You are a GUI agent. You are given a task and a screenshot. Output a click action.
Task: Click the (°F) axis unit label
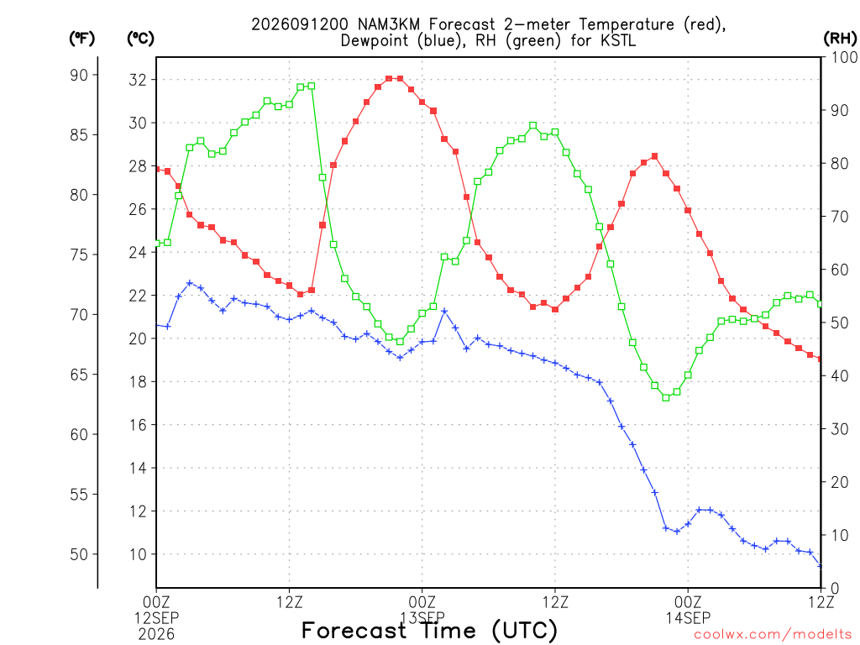coord(81,39)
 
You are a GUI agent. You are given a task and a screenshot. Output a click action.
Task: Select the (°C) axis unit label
coord(140,39)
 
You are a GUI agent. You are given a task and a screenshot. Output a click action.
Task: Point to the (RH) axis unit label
coord(841,39)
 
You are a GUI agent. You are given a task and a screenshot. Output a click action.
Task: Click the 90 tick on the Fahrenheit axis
coord(79,75)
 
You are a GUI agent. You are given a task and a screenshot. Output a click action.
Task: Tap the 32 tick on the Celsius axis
coord(138,80)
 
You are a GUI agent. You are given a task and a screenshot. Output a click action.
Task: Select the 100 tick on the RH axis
coord(845,57)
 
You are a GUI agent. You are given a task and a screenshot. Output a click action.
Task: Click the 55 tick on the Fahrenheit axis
coord(79,495)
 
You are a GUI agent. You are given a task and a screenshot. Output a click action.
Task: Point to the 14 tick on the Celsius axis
coord(138,469)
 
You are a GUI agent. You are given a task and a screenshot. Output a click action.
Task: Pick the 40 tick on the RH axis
coord(840,376)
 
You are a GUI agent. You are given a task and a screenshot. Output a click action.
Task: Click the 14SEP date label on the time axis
coord(688,618)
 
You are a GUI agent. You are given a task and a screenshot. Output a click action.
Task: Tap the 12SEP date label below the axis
coord(156,618)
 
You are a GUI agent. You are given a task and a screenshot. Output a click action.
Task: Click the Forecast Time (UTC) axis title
coord(429,631)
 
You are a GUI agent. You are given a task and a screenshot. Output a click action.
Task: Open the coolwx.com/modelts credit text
coord(773,635)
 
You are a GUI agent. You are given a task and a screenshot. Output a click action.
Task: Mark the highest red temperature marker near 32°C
coord(389,78)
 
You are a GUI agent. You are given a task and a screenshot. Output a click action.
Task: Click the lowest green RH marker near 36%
coord(666,397)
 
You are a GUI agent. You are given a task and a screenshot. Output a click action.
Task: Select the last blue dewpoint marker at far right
coord(820,565)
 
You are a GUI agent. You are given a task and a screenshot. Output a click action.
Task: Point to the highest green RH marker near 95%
coord(312,87)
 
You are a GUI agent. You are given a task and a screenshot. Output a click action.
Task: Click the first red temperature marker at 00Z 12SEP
coord(157,170)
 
